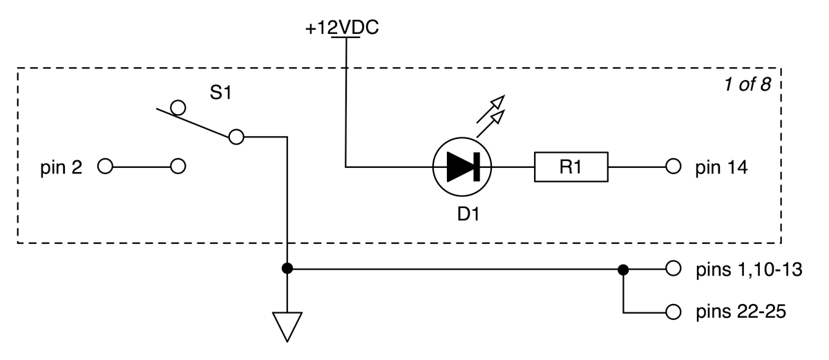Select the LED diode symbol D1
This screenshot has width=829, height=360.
[461, 167]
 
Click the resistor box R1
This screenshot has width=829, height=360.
[571, 167]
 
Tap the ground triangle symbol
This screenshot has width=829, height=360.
[287, 326]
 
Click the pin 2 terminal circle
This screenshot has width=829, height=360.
[105, 167]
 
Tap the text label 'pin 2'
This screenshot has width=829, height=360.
[60, 167]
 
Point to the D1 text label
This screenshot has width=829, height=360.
[468, 215]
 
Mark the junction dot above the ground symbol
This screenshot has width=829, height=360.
[287, 269]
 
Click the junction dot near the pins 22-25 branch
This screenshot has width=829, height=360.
[623, 269]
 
